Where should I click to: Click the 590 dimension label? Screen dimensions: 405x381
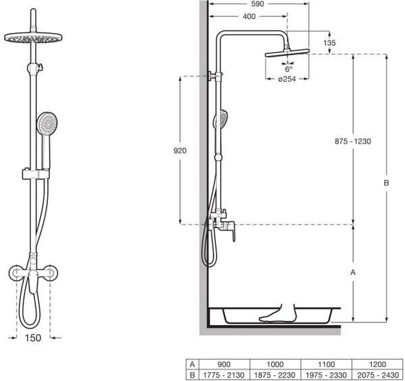pos(258,4)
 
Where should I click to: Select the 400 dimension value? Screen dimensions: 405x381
pos(249,16)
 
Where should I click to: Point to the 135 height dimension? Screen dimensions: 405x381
pos(329,43)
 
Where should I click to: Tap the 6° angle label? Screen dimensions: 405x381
pos(289,69)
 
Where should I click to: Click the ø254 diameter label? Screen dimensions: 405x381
pos(287,79)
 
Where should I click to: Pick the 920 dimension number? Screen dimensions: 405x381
pos(180,150)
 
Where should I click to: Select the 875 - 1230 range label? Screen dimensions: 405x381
pos(353,142)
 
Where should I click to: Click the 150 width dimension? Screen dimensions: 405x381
pos(33,338)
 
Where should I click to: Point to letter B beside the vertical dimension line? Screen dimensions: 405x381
pos(386,183)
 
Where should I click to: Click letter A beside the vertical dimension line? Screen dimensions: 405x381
pos(353,272)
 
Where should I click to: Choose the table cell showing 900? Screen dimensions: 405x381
pos(224,365)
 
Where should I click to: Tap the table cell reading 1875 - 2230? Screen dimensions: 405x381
pos(275,375)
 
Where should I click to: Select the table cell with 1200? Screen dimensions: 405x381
pos(377,365)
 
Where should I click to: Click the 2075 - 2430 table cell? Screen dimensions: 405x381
pos(377,375)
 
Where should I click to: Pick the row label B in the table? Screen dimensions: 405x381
pos(192,375)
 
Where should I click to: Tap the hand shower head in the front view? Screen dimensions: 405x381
pos(47,123)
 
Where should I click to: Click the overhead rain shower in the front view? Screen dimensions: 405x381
pos(33,38)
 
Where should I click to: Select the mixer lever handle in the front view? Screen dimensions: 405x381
pos(33,282)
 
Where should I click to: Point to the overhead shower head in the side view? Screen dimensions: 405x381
pos(288,53)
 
